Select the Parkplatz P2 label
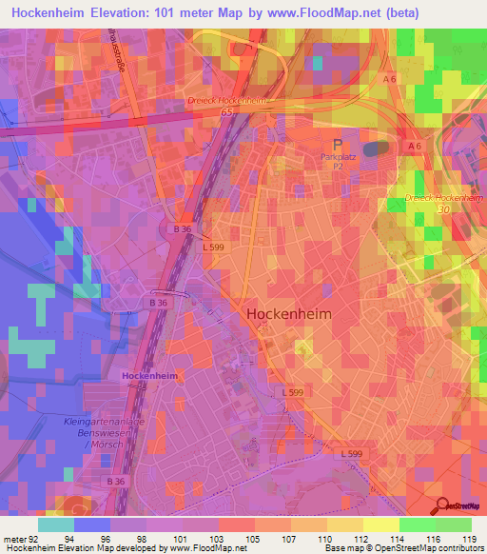point(338,159)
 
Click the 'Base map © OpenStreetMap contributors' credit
point(399,548)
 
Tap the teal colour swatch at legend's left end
point(55,524)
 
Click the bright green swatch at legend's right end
point(453,524)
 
